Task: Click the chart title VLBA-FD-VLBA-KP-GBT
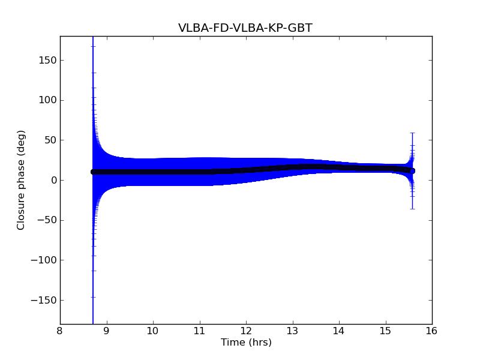[245, 28]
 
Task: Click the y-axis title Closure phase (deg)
[22, 180]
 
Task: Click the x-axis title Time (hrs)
[246, 343]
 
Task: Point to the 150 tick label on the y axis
[47, 60]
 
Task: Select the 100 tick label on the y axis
[47, 100]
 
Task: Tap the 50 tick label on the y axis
[49, 140]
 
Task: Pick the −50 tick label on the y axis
[46, 220]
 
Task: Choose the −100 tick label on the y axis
[44, 260]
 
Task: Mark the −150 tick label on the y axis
[44, 300]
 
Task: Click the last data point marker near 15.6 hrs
[412, 171]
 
